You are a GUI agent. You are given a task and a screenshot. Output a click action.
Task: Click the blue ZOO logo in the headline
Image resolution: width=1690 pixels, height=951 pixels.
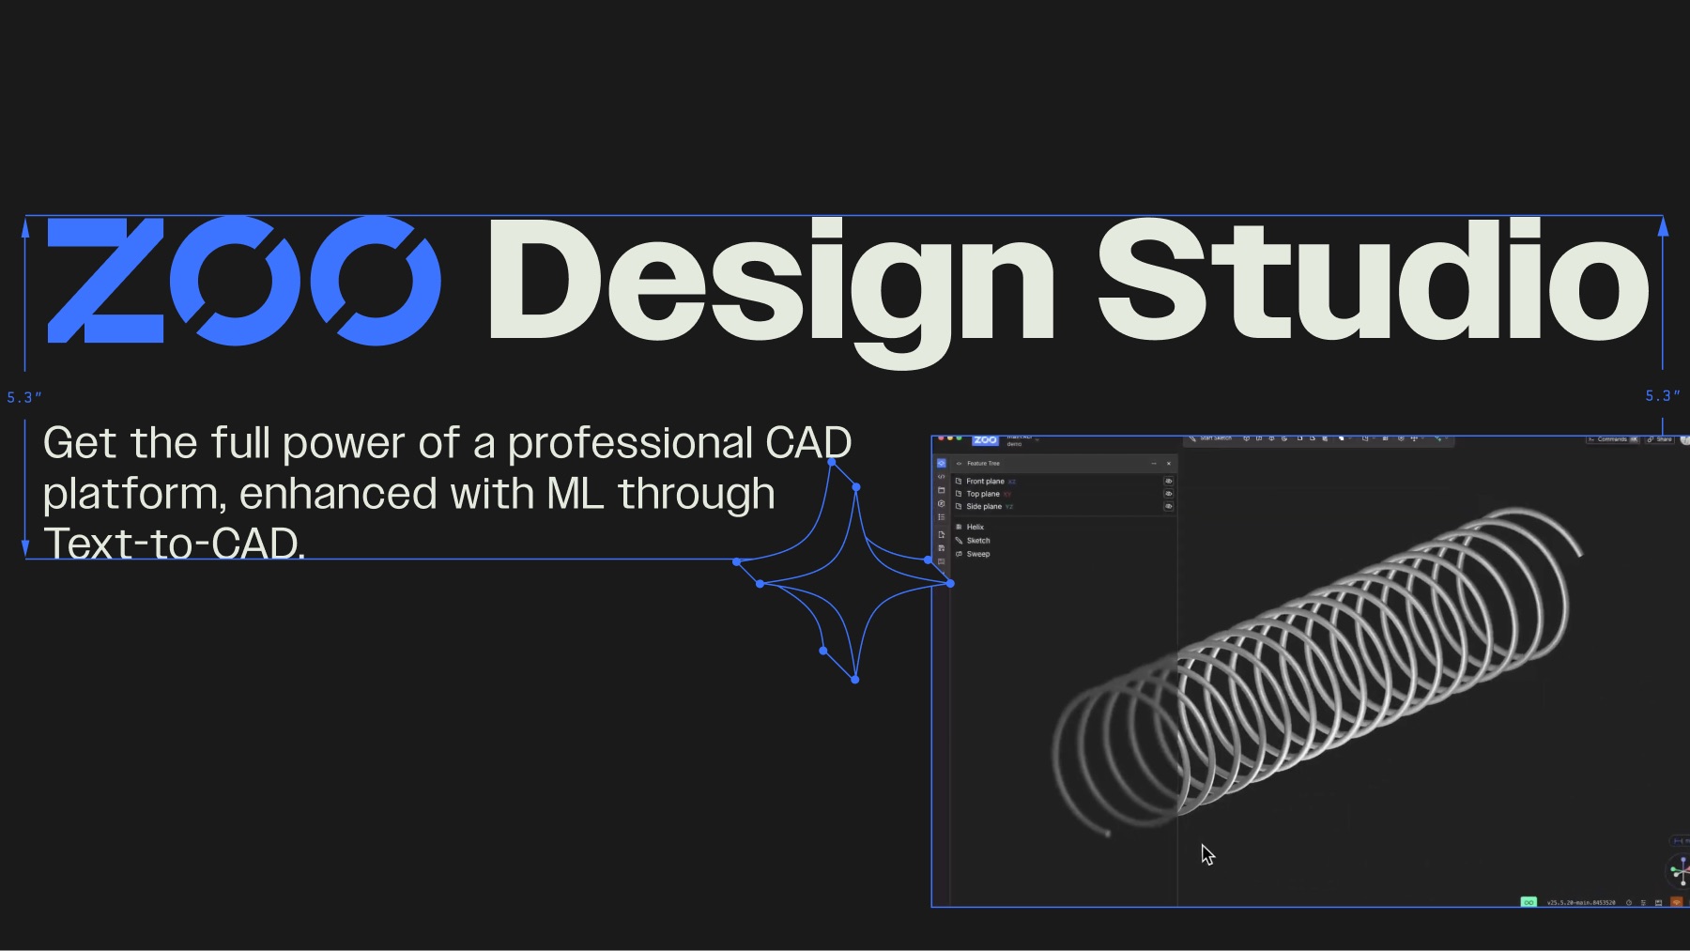tap(242, 280)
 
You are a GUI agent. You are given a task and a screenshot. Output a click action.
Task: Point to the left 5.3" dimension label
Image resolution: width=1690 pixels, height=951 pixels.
tap(24, 398)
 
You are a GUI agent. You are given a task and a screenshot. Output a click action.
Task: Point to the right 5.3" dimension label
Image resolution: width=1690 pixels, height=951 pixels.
tap(1662, 396)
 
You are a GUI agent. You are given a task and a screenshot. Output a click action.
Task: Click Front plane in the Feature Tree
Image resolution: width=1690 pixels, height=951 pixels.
tap(985, 482)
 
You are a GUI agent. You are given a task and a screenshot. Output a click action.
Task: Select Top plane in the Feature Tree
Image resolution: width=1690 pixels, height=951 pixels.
tap(983, 494)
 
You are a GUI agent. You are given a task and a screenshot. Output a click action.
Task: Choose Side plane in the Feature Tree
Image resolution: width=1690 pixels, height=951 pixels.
tap(984, 507)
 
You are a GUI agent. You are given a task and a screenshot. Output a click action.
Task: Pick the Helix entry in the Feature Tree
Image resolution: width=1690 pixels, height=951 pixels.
tap(976, 527)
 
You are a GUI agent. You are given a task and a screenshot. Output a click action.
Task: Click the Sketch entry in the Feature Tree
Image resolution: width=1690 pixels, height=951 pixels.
tap(978, 541)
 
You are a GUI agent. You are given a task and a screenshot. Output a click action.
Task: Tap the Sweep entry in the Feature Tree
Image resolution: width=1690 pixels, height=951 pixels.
tap(978, 554)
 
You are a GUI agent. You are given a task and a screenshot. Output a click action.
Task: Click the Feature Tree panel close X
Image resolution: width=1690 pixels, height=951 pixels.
tap(1169, 464)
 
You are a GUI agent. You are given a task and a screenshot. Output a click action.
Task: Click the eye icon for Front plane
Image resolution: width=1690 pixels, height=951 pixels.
tap(1169, 482)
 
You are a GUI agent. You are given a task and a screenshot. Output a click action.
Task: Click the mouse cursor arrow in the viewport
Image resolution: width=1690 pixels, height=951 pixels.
tap(1206, 853)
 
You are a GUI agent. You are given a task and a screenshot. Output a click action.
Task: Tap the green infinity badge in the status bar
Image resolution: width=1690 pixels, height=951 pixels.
tap(1529, 902)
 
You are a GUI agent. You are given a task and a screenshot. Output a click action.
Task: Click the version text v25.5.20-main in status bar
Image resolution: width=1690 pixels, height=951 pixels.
tap(1581, 902)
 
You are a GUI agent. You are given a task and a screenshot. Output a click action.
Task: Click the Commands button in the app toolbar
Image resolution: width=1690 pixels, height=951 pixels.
tap(1612, 439)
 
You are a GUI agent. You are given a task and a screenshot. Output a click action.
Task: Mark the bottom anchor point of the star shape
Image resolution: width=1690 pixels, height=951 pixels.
tap(854, 680)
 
